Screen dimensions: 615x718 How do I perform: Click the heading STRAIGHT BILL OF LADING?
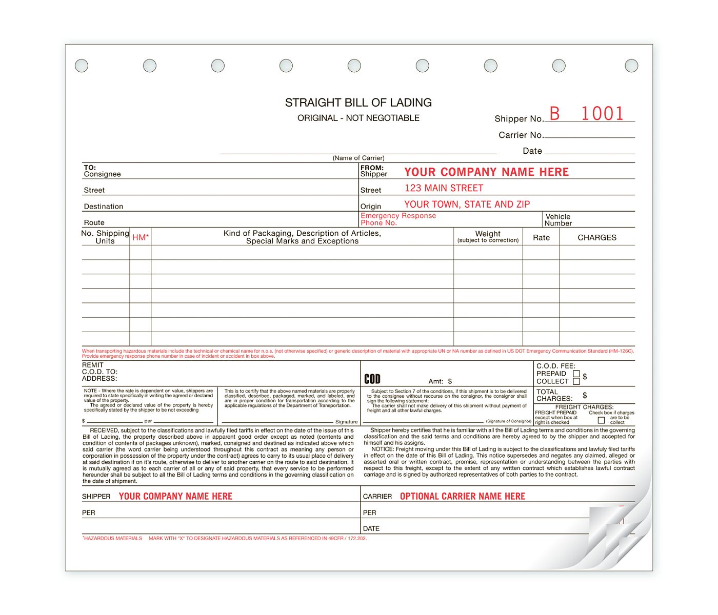coord(358,102)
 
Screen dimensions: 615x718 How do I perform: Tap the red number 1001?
coord(602,113)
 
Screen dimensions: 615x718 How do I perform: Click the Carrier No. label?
coord(521,135)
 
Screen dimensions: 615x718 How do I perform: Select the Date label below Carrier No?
coord(532,151)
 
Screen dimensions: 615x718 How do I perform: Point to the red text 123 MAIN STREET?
coord(444,188)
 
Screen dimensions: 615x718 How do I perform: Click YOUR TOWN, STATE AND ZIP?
coord(467,204)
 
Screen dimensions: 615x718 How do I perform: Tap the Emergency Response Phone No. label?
coord(398,219)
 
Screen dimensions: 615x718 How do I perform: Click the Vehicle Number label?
coord(557,220)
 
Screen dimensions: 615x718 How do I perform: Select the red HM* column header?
coord(140,237)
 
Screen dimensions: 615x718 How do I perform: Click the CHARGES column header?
coord(597,237)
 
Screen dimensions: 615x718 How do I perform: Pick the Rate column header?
coord(541,238)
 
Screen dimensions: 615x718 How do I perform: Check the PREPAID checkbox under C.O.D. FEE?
coord(576,374)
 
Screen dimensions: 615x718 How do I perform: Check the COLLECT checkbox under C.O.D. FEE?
coord(576,381)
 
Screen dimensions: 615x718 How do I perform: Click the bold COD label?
coord(372,379)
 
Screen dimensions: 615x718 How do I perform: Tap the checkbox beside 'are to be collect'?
coord(601,420)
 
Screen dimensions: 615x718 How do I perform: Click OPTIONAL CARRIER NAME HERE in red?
coord(462,496)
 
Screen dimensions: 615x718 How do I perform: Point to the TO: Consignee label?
coord(102,171)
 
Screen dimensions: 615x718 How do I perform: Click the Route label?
coord(94,222)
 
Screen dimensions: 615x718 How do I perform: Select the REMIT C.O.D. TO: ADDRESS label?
coord(99,372)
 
